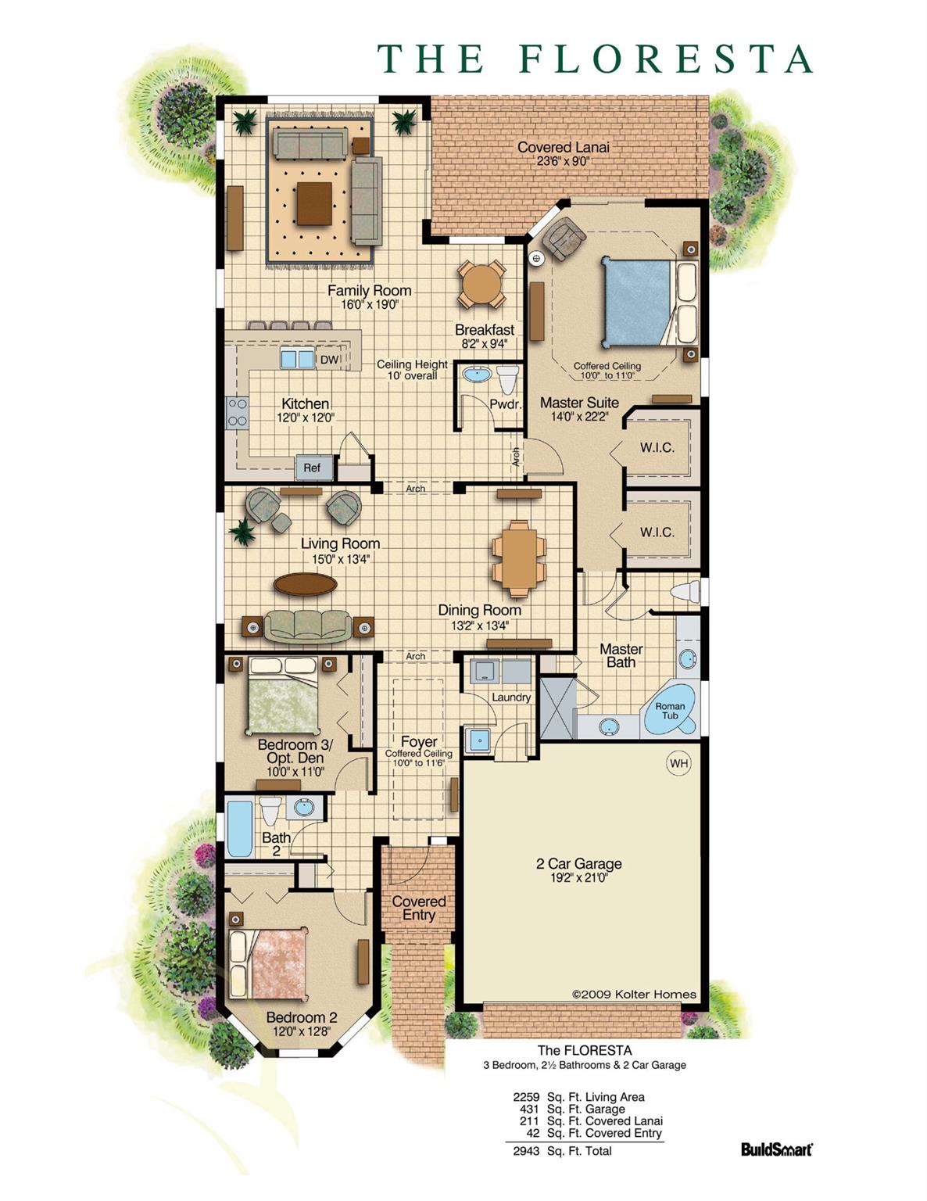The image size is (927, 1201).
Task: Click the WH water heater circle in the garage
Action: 678,763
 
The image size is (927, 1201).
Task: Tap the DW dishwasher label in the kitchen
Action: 329,360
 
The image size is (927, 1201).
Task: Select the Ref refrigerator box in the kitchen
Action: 313,468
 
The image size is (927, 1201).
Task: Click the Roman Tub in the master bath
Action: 670,710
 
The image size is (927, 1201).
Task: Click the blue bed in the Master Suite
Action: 639,302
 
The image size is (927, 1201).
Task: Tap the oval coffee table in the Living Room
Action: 305,584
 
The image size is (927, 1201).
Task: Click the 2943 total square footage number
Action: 525,1151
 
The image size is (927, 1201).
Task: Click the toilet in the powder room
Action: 508,378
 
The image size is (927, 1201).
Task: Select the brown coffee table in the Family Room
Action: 313,203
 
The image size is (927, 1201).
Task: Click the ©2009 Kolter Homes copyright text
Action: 634,995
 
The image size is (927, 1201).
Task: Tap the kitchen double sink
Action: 297,359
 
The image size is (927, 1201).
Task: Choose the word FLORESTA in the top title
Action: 665,59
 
